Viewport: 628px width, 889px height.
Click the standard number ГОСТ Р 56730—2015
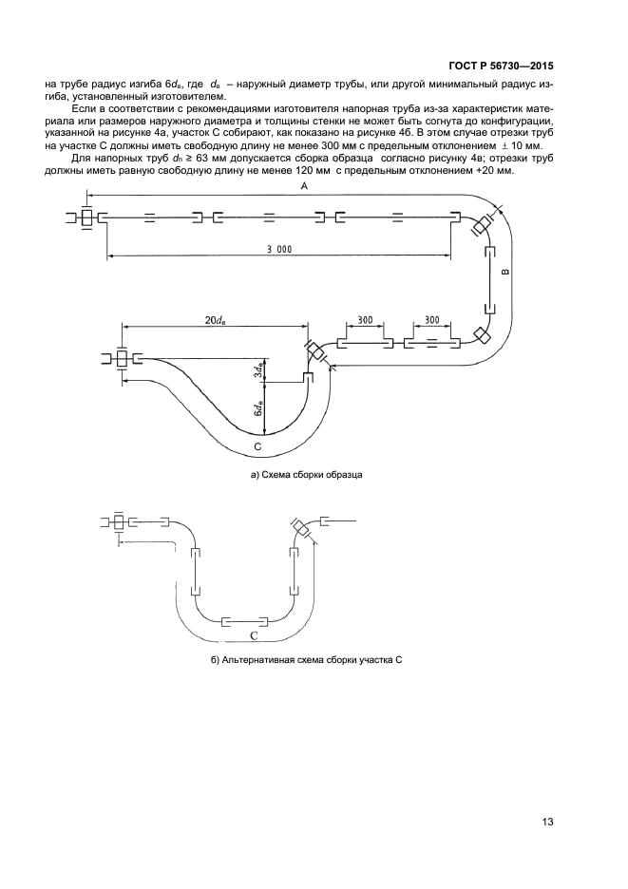500,67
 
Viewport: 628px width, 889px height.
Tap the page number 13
547,822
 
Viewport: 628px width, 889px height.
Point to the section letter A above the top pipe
304,190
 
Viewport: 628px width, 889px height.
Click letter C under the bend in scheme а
258,444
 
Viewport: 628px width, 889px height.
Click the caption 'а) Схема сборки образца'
307,473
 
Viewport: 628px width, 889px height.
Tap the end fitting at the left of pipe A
87,218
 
